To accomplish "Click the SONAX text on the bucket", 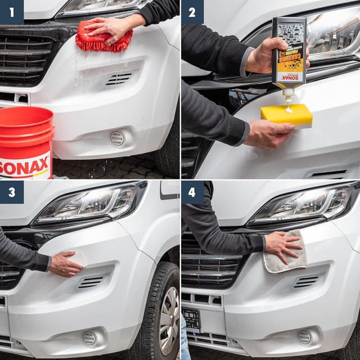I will coord(25,168).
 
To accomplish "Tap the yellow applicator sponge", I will coord(286,115).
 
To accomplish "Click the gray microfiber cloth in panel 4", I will coord(286,253).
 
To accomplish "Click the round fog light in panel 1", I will coord(117,138).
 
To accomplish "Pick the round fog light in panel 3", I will coord(89,337).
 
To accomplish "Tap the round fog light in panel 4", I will coord(304,337).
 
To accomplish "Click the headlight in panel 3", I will coord(90,204).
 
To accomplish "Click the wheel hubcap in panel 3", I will coord(169,321).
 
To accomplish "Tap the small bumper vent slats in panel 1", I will coord(119,79).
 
